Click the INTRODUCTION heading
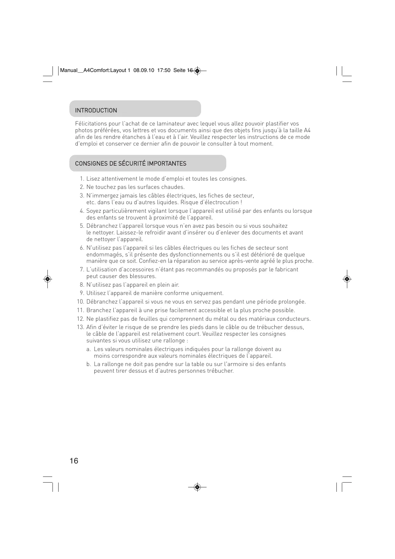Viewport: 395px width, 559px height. coord(96,111)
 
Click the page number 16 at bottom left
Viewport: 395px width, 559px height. coord(74,461)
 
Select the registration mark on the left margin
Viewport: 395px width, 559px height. coord(47,279)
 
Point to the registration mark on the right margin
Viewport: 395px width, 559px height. coord(347,279)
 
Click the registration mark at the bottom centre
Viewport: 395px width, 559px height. coord(197,487)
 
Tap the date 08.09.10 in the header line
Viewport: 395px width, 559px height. coord(144,70)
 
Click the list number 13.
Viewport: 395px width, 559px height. coord(80,327)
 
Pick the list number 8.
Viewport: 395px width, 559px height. coord(81,285)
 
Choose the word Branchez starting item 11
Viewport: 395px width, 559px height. coord(99,310)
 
